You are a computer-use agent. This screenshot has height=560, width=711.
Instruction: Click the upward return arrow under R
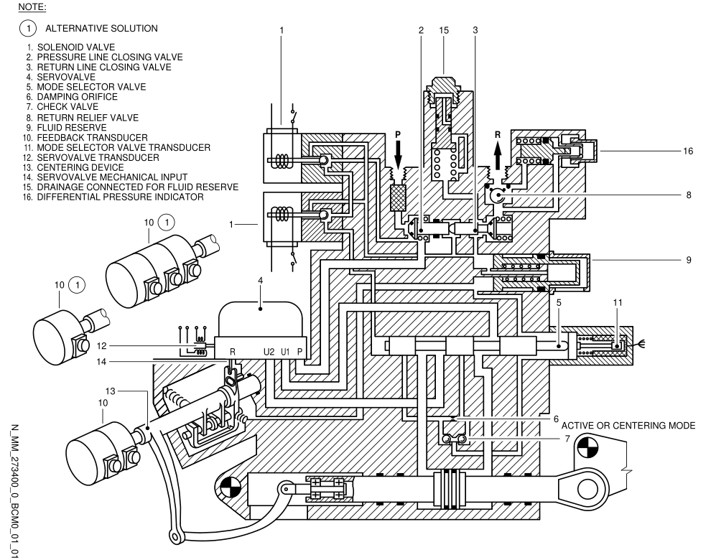click(x=498, y=154)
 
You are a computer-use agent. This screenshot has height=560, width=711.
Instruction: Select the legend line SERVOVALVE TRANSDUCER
click(x=98, y=157)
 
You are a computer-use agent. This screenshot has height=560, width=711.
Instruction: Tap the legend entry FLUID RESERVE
click(x=72, y=127)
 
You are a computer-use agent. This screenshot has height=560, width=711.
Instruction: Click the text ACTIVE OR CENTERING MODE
click(x=628, y=425)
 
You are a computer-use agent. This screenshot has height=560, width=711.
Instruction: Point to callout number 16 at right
click(x=688, y=151)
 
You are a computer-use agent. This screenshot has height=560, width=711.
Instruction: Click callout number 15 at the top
click(x=443, y=30)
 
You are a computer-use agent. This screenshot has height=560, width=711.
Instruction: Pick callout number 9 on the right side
click(x=688, y=260)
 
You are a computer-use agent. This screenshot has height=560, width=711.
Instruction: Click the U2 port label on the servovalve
click(x=269, y=351)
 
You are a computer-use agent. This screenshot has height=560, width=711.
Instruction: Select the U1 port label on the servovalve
click(x=285, y=351)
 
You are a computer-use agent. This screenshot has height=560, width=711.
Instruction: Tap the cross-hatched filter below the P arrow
click(x=398, y=198)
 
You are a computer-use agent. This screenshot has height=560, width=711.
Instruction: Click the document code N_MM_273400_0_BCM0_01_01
click(x=14, y=491)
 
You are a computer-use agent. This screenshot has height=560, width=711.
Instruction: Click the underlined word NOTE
click(x=32, y=7)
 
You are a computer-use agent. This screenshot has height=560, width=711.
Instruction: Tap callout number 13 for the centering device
click(x=111, y=391)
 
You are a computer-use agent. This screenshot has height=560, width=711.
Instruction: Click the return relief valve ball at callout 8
click(x=498, y=195)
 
